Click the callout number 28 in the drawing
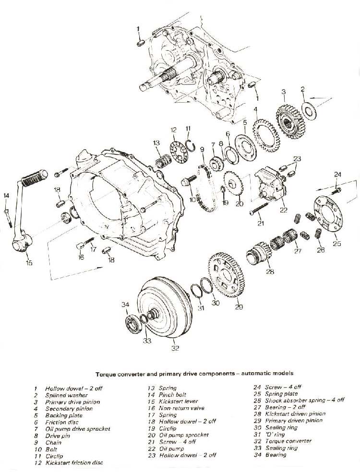pos(270,271)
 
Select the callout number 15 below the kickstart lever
pos(30,263)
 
